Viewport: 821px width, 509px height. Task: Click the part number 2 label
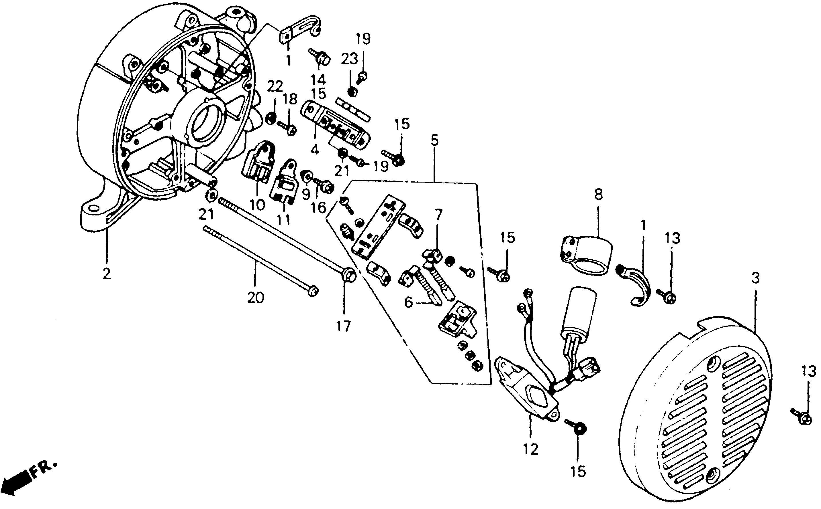pyautogui.click(x=107, y=274)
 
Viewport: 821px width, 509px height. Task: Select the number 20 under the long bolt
pyautogui.click(x=256, y=298)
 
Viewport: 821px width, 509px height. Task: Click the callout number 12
pyautogui.click(x=531, y=450)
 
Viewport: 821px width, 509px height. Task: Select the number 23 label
pyautogui.click(x=349, y=59)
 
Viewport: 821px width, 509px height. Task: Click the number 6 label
pyautogui.click(x=408, y=303)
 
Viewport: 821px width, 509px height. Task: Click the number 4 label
pyautogui.click(x=315, y=149)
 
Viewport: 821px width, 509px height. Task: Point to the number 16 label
pyautogui.click(x=319, y=208)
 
